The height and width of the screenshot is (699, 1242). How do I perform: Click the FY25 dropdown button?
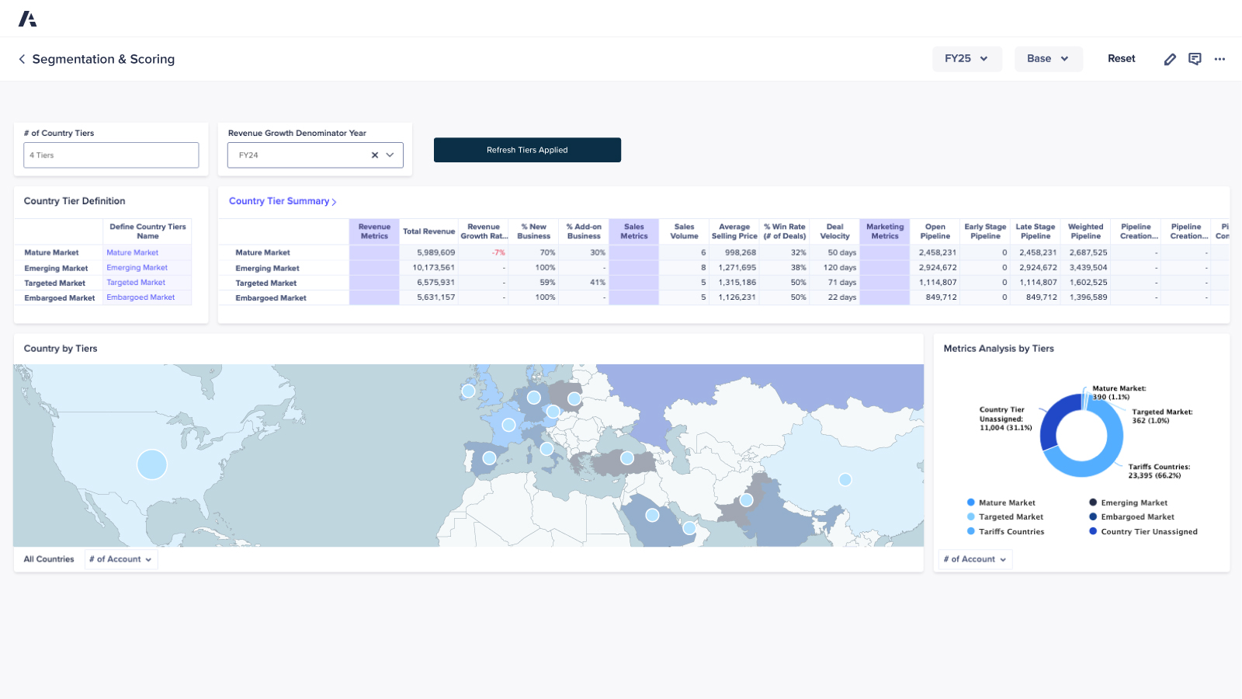966,59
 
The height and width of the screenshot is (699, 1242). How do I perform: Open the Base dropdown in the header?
1048,59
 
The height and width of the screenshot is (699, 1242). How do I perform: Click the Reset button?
1121,59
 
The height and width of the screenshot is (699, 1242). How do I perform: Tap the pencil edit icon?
1170,59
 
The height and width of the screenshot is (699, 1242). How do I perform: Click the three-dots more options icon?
1219,59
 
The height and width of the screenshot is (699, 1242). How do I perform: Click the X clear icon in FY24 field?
375,155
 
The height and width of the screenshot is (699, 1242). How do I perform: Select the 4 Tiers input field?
111,155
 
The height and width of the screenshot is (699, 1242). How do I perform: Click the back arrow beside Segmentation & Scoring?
22,59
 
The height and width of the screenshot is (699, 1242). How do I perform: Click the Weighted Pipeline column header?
1085,231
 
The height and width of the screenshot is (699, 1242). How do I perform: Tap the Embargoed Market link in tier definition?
141,297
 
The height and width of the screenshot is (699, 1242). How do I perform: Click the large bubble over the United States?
152,464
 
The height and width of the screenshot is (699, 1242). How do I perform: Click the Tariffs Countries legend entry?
1011,532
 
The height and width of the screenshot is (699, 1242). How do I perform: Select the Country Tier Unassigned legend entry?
1148,532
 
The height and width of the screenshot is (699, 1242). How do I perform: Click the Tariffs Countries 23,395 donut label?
1158,471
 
